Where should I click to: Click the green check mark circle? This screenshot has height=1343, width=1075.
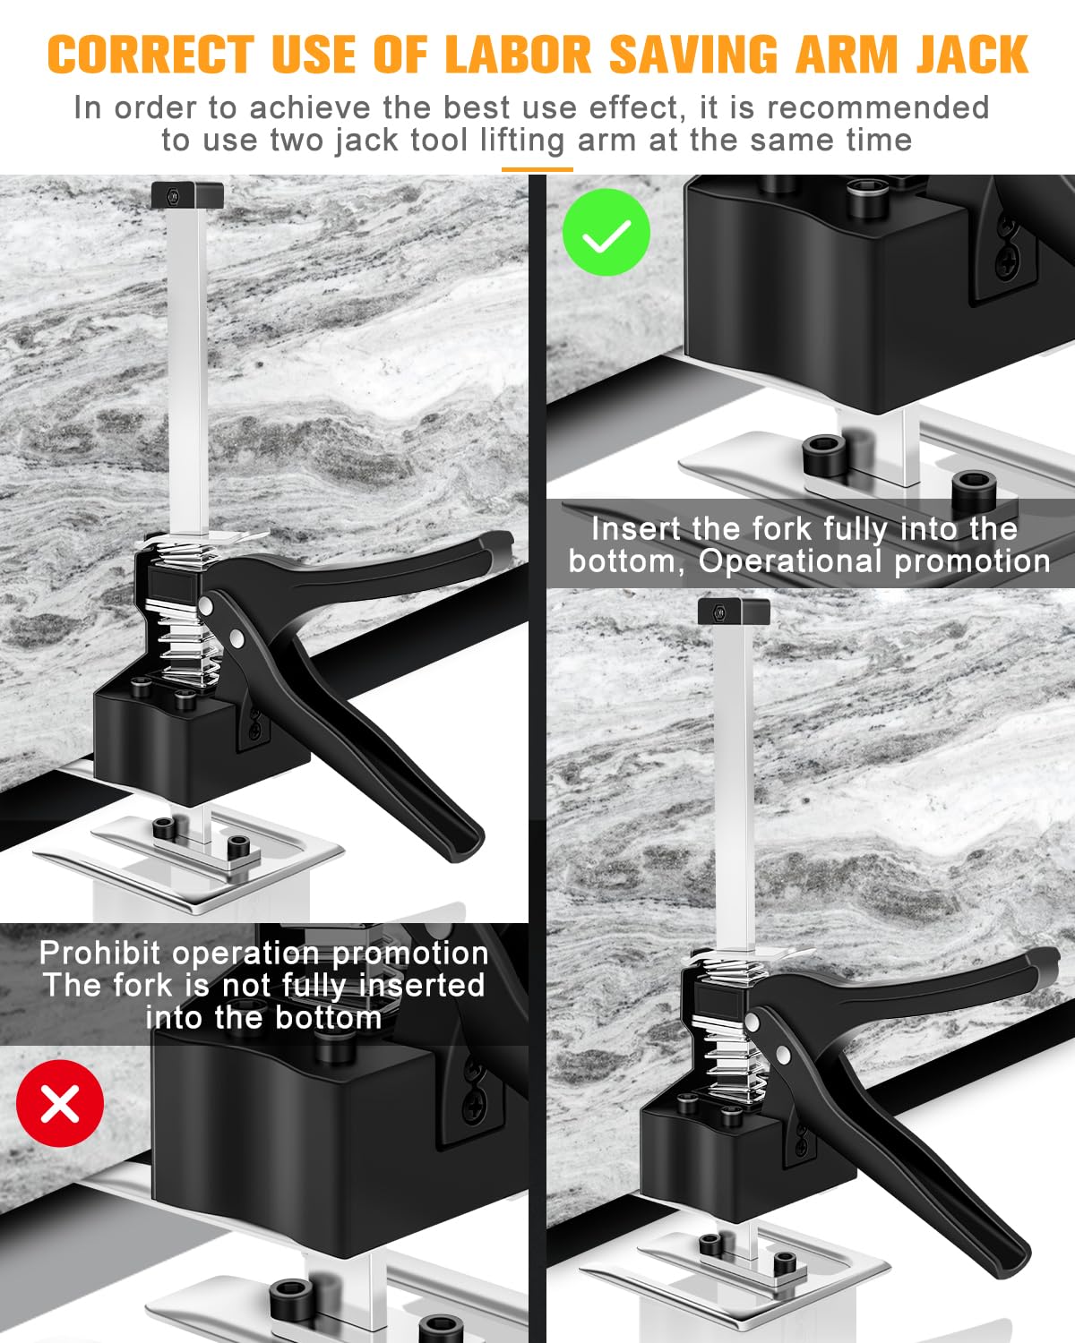tap(606, 233)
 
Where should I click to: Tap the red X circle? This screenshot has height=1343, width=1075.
tap(60, 1103)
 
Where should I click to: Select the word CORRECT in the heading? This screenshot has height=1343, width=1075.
tap(150, 56)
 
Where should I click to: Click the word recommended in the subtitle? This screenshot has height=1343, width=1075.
tap(878, 107)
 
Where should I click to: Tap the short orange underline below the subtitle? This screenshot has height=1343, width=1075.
tap(537, 168)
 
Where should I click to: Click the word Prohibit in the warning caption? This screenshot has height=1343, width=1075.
tap(100, 953)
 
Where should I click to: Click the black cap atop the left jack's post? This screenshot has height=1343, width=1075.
tap(187, 194)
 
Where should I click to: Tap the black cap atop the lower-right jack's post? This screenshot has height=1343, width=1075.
tap(734, 612)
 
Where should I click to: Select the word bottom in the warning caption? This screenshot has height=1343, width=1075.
tap(328, 1018)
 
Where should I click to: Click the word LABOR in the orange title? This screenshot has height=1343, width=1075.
tap(522, 56)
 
